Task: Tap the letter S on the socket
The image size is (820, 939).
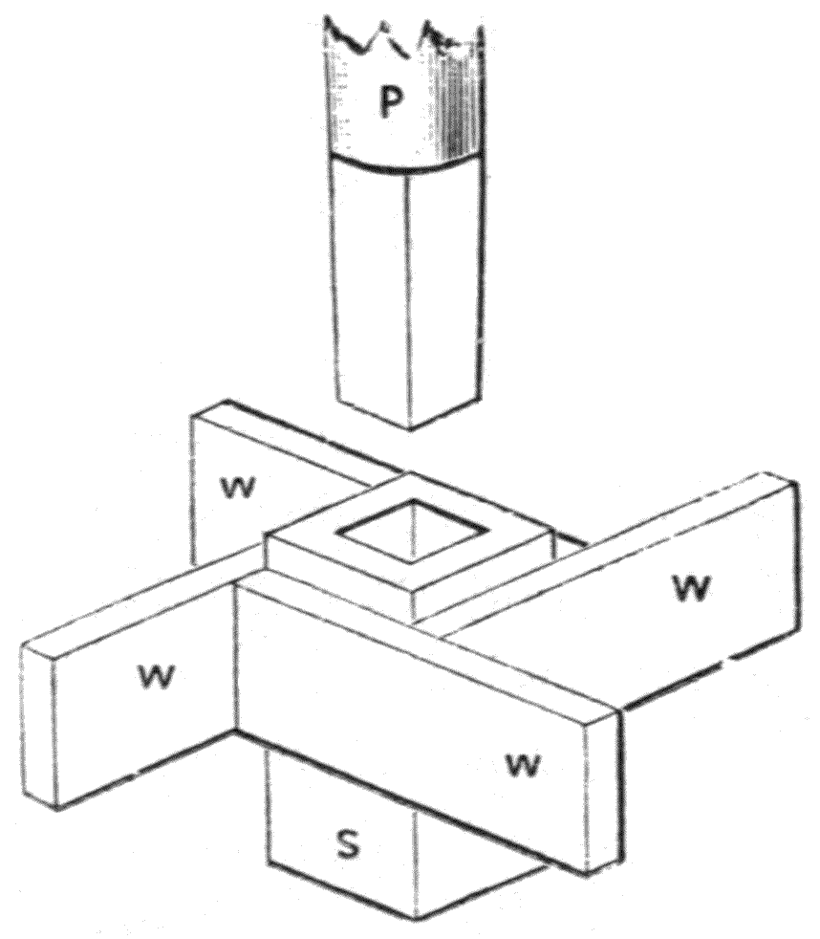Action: (348, 843)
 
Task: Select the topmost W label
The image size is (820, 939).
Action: (237, 488)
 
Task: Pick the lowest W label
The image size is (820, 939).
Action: (523, 764)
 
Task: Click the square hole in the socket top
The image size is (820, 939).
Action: (413, 531)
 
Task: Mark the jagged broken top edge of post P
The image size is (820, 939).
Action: (404, 39)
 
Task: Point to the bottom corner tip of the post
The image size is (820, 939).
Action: (410, 429)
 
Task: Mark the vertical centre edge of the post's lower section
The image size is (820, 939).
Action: (409, 300)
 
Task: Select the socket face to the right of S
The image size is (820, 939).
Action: (473, 868)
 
